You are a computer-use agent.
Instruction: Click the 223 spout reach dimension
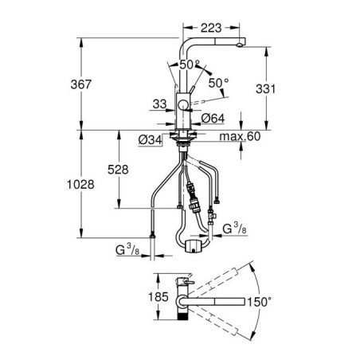(x=211, y=28)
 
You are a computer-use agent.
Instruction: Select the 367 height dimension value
(x=81, y=84)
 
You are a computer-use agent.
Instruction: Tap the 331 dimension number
(x=265, y=89)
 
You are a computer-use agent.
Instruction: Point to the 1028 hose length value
(x=80, y=185)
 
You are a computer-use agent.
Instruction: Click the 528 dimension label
(x=118, y=170)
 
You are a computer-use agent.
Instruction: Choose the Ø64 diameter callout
(x=213, y=119)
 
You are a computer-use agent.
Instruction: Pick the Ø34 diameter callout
(x=150, y=139)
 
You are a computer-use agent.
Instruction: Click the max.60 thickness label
(x=240, y=136)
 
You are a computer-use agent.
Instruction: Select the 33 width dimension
(x=159, y=104)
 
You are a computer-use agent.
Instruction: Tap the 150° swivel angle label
(x=260, y=302)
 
